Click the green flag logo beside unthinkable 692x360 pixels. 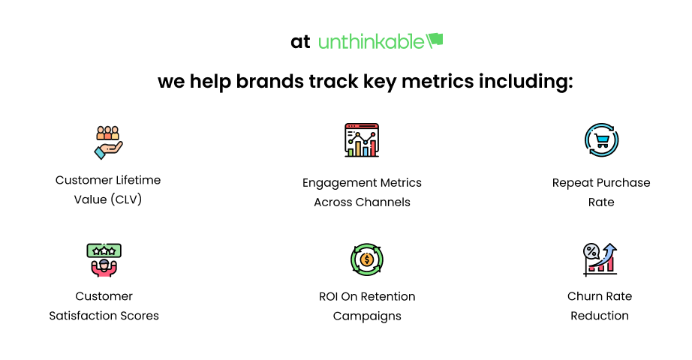(435, 40)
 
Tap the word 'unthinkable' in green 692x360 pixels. (371, 42)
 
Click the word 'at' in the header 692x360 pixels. (300, 42)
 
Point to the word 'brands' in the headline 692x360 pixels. (269, 81)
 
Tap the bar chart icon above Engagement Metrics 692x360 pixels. (362, 140)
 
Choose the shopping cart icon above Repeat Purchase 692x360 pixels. (601, 140)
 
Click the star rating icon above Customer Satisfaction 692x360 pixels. (104, 259)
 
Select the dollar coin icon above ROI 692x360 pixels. (367, 259)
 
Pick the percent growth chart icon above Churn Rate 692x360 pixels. (600, 259)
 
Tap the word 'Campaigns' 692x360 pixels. (367, 316)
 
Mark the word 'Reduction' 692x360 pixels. (600, 316)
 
